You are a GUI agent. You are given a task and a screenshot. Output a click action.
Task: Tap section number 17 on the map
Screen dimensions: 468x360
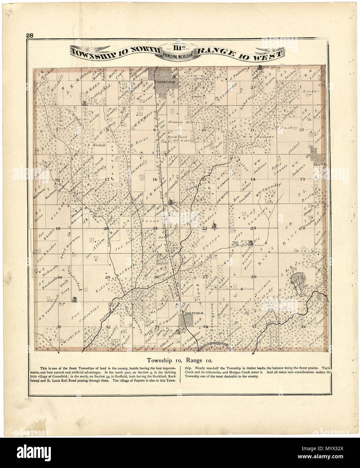click(107, 179)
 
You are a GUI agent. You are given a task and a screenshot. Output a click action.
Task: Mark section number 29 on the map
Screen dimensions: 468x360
click(108, 277)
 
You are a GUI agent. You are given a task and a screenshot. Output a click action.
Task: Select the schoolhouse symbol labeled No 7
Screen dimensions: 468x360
click(84, 102)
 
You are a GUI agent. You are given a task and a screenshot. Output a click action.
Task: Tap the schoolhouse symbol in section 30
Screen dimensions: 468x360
click(74, 299)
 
